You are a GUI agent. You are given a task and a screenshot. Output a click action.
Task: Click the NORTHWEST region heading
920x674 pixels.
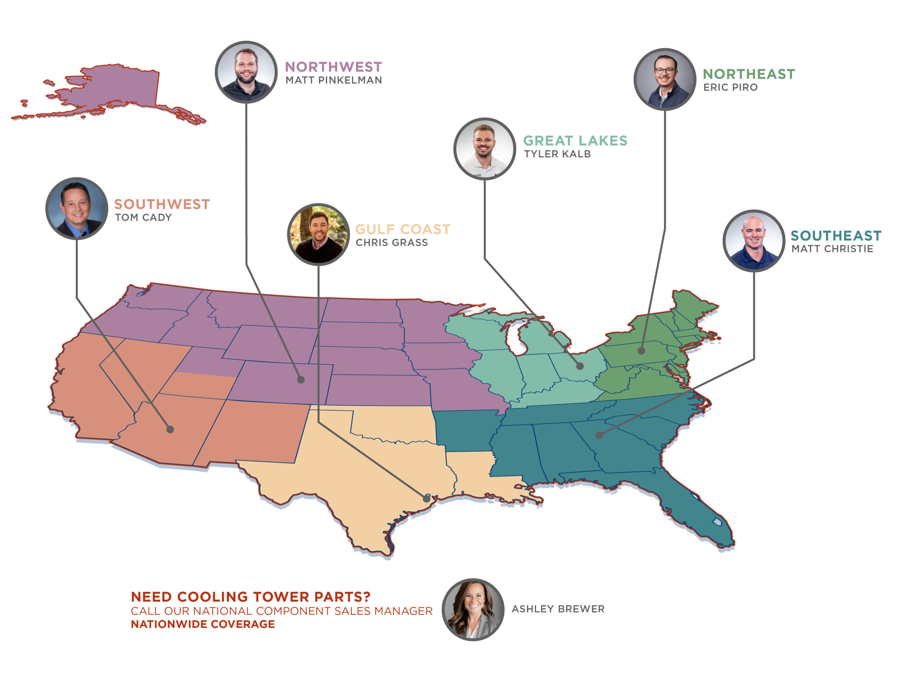[333, 67]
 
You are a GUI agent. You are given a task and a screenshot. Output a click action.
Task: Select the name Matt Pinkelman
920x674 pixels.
[333, 81]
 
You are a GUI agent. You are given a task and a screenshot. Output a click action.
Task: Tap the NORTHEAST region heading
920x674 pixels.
[749, 74]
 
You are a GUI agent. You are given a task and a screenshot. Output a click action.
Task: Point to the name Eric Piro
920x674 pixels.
[730, 87]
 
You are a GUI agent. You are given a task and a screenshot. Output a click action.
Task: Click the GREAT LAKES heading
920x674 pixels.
[575, 141]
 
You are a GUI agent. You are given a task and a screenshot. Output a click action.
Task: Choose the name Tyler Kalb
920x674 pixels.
[557, 154]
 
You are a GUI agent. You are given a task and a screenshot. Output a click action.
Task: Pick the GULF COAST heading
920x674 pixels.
[402, 229]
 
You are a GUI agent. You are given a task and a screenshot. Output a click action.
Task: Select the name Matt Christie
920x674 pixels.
[832, 249]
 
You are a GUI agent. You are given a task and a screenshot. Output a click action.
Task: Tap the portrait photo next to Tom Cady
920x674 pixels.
[77, 208]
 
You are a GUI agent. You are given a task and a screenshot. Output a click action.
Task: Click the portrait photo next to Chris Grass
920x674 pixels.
[318, 235]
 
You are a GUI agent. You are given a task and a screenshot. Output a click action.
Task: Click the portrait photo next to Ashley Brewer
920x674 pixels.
[473, 609]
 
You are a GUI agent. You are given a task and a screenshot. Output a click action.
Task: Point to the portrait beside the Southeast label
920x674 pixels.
[754, 241]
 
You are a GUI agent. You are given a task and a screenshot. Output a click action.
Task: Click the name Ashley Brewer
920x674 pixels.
[558, 609]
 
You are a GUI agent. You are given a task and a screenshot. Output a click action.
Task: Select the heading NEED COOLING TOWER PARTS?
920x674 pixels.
[250, 597]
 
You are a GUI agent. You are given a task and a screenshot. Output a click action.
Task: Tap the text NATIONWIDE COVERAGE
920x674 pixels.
[203, 624]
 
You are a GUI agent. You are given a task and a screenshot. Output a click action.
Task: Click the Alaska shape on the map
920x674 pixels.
[118, 88]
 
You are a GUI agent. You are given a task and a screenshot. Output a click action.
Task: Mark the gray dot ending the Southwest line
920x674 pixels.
[170, 429]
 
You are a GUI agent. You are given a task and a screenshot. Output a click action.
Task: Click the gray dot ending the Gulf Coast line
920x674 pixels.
[426, 498]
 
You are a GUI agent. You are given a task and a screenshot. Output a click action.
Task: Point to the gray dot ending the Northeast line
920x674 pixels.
[641, 350]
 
